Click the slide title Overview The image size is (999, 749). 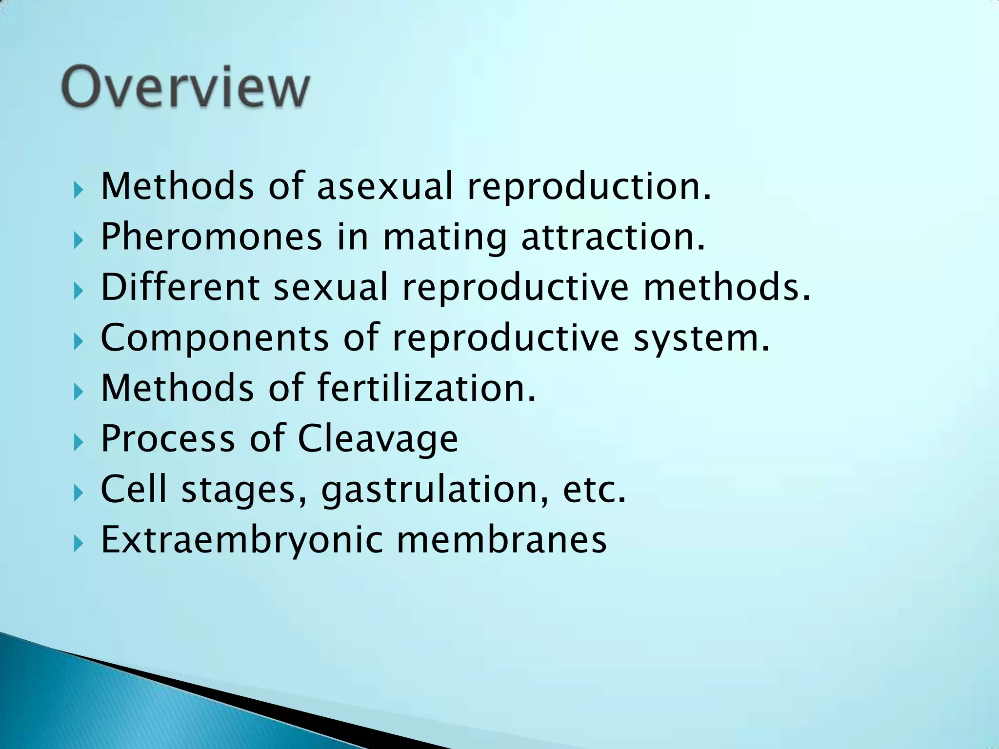[185, 88]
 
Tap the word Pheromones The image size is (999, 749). [211, 237]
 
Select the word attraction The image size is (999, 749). [613, 237]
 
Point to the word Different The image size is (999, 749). [180, 287]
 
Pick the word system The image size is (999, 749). [701, 338]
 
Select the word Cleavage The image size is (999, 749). [378, 438]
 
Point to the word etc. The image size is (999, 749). [594, 490]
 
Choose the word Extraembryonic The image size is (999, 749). [242, 540]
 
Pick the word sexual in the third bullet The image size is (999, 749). [330, 287]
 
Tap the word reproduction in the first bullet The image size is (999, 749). [589, 187]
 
